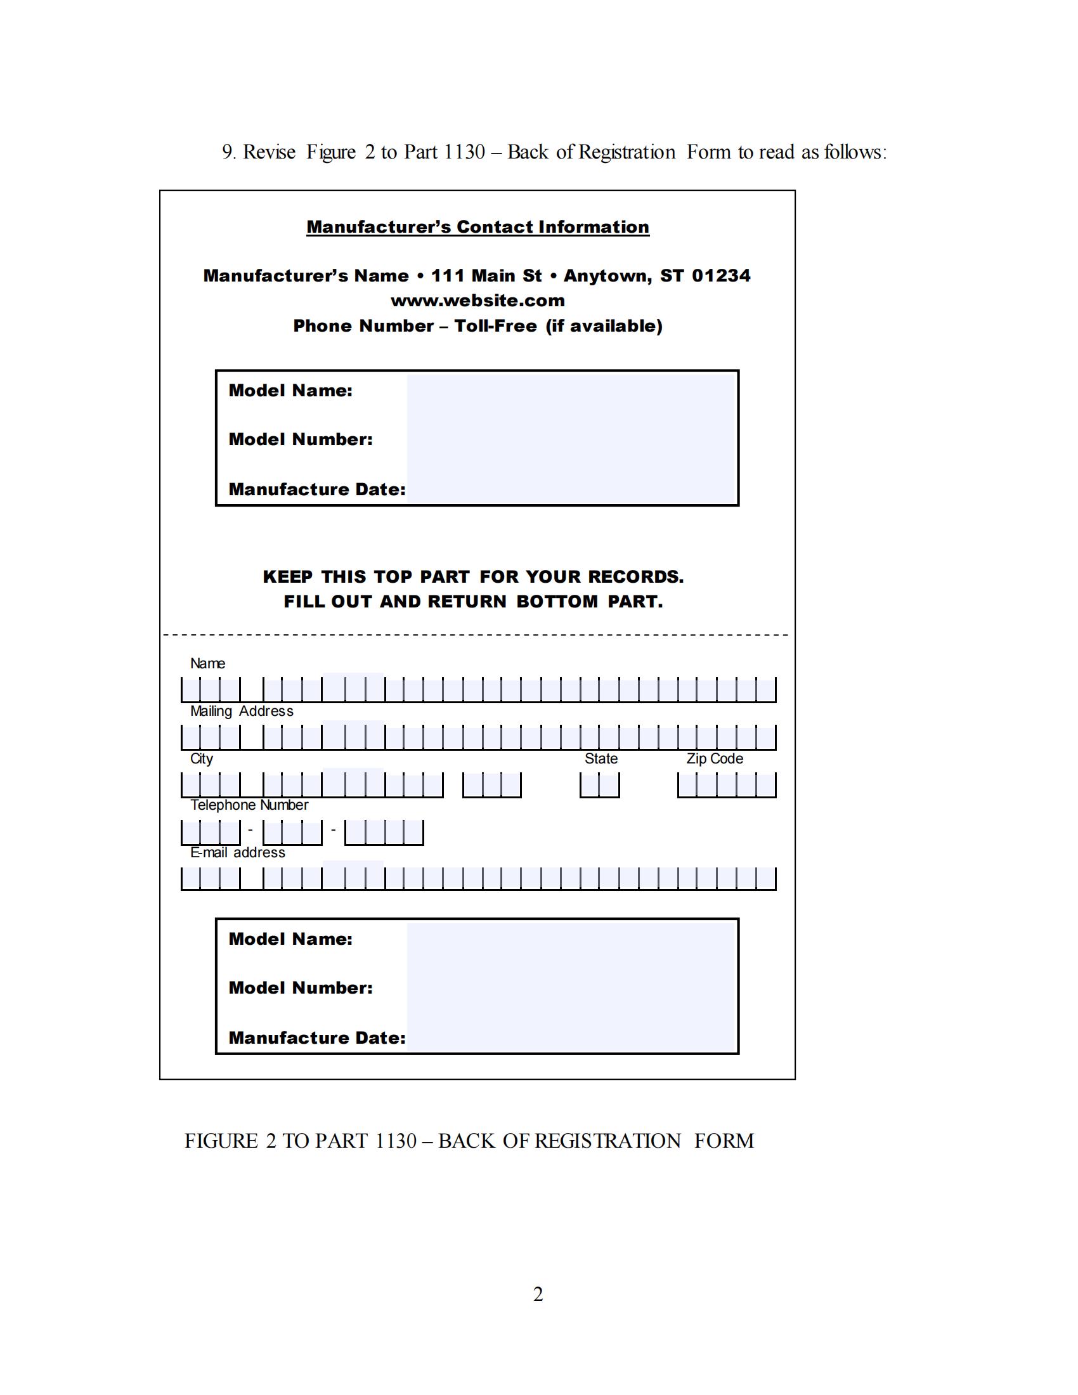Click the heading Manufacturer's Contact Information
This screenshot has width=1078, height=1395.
click(477, 228)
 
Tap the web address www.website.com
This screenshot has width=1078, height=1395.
click(477, 301)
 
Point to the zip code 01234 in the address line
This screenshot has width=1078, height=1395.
click(721, 276)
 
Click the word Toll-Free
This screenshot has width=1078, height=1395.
click(496, 327)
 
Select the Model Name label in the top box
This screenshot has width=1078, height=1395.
click(290, 391)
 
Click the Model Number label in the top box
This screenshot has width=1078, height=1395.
click(301, 439)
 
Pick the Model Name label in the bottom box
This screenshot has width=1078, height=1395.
click(290, 939)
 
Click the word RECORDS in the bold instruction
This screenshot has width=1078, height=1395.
click(635, 577)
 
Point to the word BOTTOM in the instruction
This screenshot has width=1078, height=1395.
click(557, 602)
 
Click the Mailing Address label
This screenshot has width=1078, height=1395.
click(242, 711)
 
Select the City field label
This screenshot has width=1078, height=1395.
click(201, 759)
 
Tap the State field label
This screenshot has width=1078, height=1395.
click(601, 759)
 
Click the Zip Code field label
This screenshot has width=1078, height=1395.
click(715, 759)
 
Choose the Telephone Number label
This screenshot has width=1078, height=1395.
click(249, 805)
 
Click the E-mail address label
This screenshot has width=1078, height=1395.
click(238, 853)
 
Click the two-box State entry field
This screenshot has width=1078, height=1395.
click(600, 785)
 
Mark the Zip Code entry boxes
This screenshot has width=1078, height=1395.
click(727, 785)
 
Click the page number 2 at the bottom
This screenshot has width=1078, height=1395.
click(538, 1295)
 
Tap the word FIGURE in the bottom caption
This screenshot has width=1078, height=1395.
click(221, 1141)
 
